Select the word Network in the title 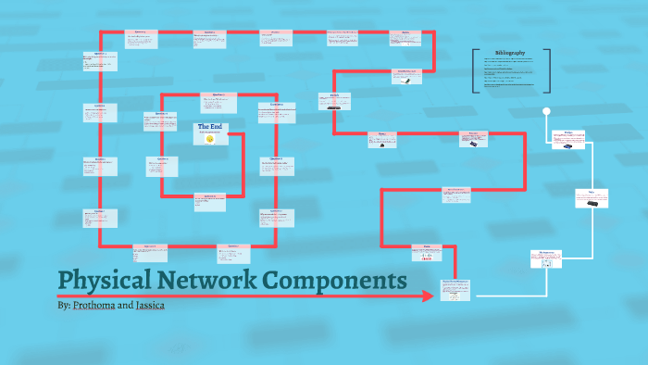[x=203, y=280]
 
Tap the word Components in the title [x=332, y=280]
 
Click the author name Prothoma [x=94, y=305]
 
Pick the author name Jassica [x=151, y=305]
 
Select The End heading [x=210, y=126]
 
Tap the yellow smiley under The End [x=210, y=138]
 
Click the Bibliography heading [x=509, y=54]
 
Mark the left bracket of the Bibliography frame [x=474, y=71]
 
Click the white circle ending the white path [x=546, y=112]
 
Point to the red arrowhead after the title [x=428, y=296]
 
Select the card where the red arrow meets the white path [x=455, y=289]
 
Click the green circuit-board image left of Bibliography [x=406, y=80]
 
